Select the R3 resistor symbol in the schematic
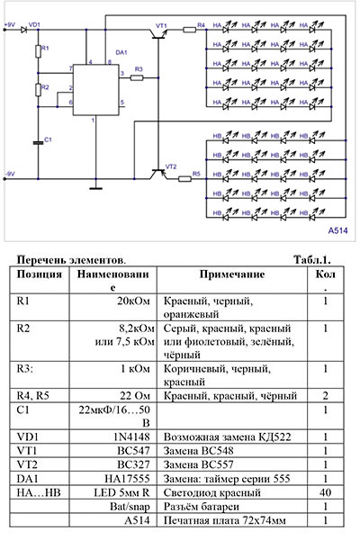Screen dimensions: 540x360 138,78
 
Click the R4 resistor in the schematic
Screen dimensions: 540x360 190,30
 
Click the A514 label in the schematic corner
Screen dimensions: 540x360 337,229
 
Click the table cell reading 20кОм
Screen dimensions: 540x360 139,303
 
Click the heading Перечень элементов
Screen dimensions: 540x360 72,258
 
